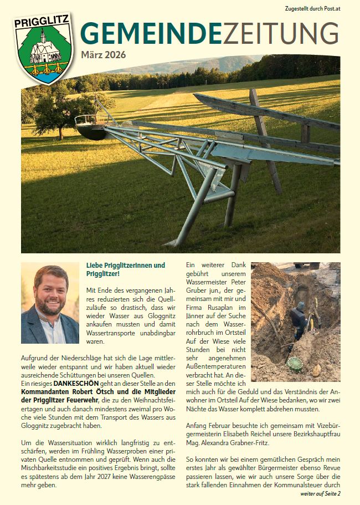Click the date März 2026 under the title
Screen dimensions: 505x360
click(x=103, y=54)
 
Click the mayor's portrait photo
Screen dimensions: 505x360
click(x=50, y=303)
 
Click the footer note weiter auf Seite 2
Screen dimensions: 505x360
click(x=321, y=493)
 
